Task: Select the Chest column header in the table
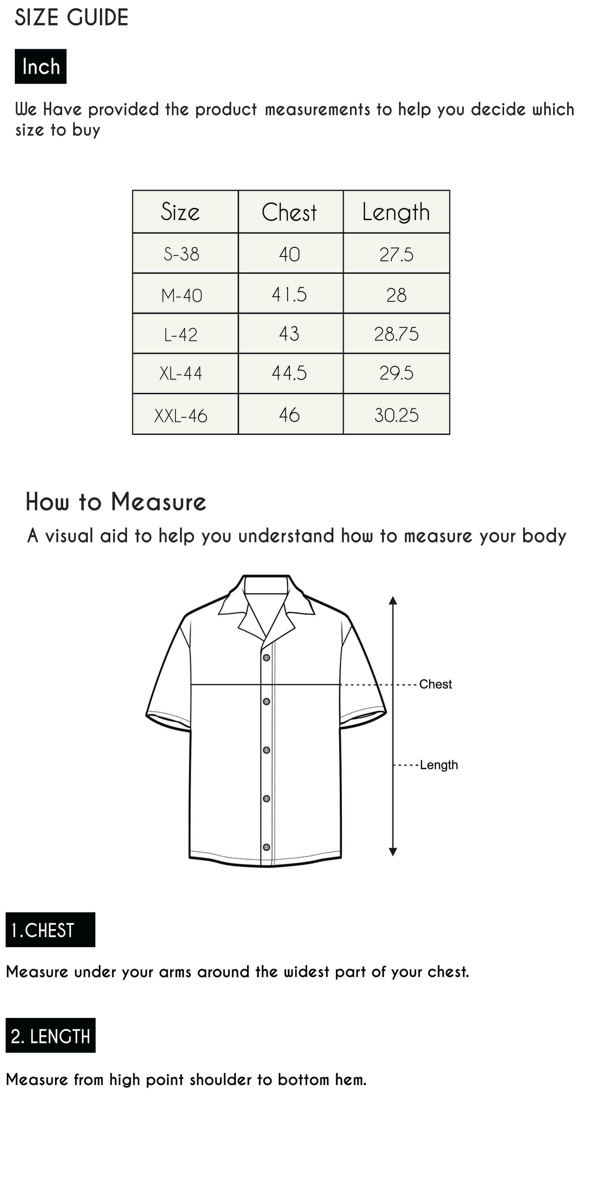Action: [289, 212]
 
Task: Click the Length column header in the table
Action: [396, 212]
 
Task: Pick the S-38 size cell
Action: [181, 254]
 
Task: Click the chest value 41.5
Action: [289, 294]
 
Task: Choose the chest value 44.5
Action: [289, 373]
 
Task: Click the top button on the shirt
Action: [266, 658]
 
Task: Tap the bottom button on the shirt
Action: [266, 847]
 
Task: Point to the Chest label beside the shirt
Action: [436, 684]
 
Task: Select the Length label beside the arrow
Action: [439, 765]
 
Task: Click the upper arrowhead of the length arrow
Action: [393, 600]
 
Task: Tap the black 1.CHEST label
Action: [50, 930]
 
